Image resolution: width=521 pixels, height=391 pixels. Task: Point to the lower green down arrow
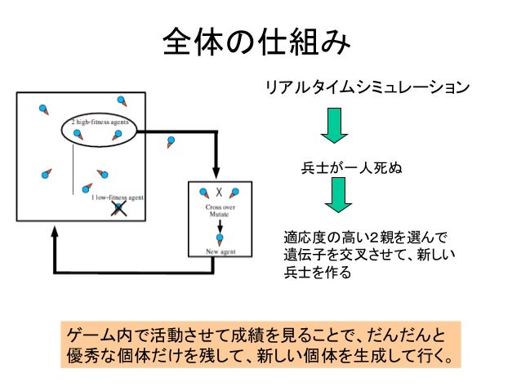coord(335,196)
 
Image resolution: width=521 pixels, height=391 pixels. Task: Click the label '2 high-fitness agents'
coord(99,122)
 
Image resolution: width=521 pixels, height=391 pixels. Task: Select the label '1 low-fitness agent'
coord(118,197)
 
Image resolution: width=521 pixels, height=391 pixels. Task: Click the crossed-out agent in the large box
coord(118,207)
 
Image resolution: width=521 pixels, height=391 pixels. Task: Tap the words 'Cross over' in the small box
coord(219,208)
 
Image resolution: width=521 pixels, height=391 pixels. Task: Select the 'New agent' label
coord(219,251)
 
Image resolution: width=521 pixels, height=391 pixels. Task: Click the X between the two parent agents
coord(219,193)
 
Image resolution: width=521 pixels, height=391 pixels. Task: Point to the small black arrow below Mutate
coord(219,226)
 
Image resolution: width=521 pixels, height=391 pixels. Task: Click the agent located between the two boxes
coord(170,141)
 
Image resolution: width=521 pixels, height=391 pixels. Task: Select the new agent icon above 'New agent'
coord(219,238)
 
